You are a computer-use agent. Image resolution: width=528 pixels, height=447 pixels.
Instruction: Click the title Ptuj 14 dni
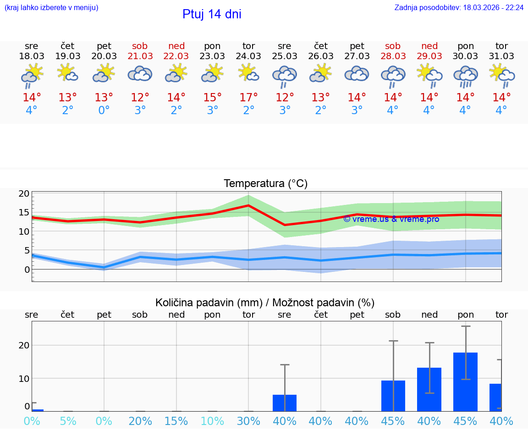click(x=212, y=14)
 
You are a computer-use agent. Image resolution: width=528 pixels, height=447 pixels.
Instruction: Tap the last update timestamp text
click(x=459, y=8)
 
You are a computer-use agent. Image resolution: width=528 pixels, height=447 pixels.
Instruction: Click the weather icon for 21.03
click(x=140, y=74)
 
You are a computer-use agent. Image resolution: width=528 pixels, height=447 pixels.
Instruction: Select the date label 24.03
click(x=248, y=56)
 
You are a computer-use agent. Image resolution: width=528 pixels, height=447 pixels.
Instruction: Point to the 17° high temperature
click(x=248, y=97)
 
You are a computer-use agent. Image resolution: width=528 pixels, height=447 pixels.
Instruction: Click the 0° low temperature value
click(x=104, y=110)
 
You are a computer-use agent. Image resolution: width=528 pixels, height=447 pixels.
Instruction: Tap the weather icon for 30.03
click(x=465, y=76)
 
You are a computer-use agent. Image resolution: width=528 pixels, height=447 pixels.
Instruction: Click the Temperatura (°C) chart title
click(x=265, y=184)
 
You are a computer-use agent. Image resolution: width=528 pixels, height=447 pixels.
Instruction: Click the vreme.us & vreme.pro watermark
click(x=391, y=219)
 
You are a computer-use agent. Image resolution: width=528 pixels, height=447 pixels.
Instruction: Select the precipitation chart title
click(x=265, y=303)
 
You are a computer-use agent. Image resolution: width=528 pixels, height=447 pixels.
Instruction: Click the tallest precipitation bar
click(x=465, y=381)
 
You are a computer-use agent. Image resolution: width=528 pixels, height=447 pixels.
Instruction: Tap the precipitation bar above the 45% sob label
click(x=393, y=396)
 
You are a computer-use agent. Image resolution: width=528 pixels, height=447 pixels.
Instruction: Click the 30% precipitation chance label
click(x=248, y=421)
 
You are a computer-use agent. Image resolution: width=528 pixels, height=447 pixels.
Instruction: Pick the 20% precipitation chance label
click(x=140, y=421)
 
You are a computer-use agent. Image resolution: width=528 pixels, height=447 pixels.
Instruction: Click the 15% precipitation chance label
click(x=176, y=421)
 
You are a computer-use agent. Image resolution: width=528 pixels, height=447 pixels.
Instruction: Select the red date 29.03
click(x=429, y=56)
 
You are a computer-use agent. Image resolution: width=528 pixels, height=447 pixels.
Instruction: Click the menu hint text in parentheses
click(x=51, y=8)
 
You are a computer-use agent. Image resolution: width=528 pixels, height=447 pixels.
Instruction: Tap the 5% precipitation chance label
click(x=68, y=421)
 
